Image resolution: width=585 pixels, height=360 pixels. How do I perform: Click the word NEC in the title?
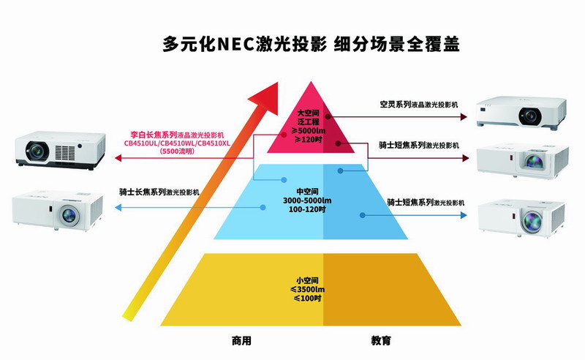click(235, 44)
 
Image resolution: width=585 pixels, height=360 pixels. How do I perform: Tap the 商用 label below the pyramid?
click(241, 340)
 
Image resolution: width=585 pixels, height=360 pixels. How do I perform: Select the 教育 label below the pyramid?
click(381, 340)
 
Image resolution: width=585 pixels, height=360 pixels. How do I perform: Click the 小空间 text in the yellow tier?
click(307, 280)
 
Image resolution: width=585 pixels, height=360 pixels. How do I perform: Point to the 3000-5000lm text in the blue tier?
click(307, 200)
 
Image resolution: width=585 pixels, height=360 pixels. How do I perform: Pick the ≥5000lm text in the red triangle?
click(308, 131)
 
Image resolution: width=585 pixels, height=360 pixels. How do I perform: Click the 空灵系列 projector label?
click(396, 104)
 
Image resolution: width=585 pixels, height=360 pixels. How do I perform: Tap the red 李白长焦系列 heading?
click(154, 135)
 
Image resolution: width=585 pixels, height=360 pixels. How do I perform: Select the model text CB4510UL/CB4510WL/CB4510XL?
click(177, 143)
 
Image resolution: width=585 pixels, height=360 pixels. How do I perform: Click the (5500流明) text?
click(177, 151)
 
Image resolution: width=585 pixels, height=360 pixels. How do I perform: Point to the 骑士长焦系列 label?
click(143, 192)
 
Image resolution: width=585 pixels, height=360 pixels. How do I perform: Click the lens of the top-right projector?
click(529, 116)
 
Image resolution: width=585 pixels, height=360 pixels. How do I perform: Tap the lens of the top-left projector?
click(37, 151)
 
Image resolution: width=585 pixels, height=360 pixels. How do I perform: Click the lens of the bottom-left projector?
click(69, 214)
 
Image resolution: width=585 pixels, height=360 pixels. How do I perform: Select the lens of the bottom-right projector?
click(532, 221)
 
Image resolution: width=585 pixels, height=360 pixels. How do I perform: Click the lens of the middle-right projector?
click(535, 161)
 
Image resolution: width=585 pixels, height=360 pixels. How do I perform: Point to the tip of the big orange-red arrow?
click(278, 83)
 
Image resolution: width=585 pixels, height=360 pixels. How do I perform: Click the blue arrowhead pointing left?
click(118, 207)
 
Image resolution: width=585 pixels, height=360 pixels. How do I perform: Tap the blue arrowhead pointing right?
click(464, 215)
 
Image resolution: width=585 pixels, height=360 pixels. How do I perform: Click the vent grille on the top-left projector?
click(65, 152)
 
